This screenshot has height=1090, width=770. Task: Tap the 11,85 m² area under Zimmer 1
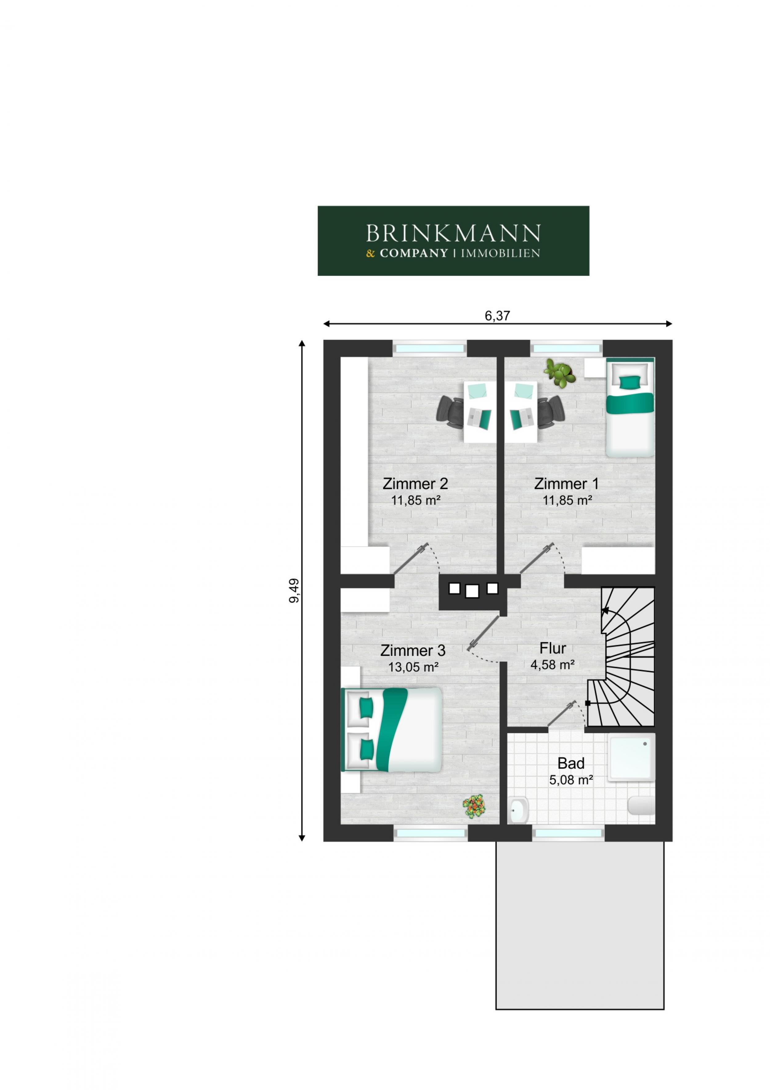click(x=567, y=500)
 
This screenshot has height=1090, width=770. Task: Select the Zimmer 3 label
click(x=413, y=650)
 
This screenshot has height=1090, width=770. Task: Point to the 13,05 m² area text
click(x=413, y=667)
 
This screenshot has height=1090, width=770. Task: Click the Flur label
click(x=553, y=648)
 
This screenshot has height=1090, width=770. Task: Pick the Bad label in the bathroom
click(x=571, y=763)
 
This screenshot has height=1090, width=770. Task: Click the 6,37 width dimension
click(x=497, y=316)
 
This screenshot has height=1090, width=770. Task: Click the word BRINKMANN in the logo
click(x=453, y=234)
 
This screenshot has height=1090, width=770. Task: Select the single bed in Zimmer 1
click(x=630, y=407)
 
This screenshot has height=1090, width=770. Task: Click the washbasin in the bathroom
click(x=520, y=811)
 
